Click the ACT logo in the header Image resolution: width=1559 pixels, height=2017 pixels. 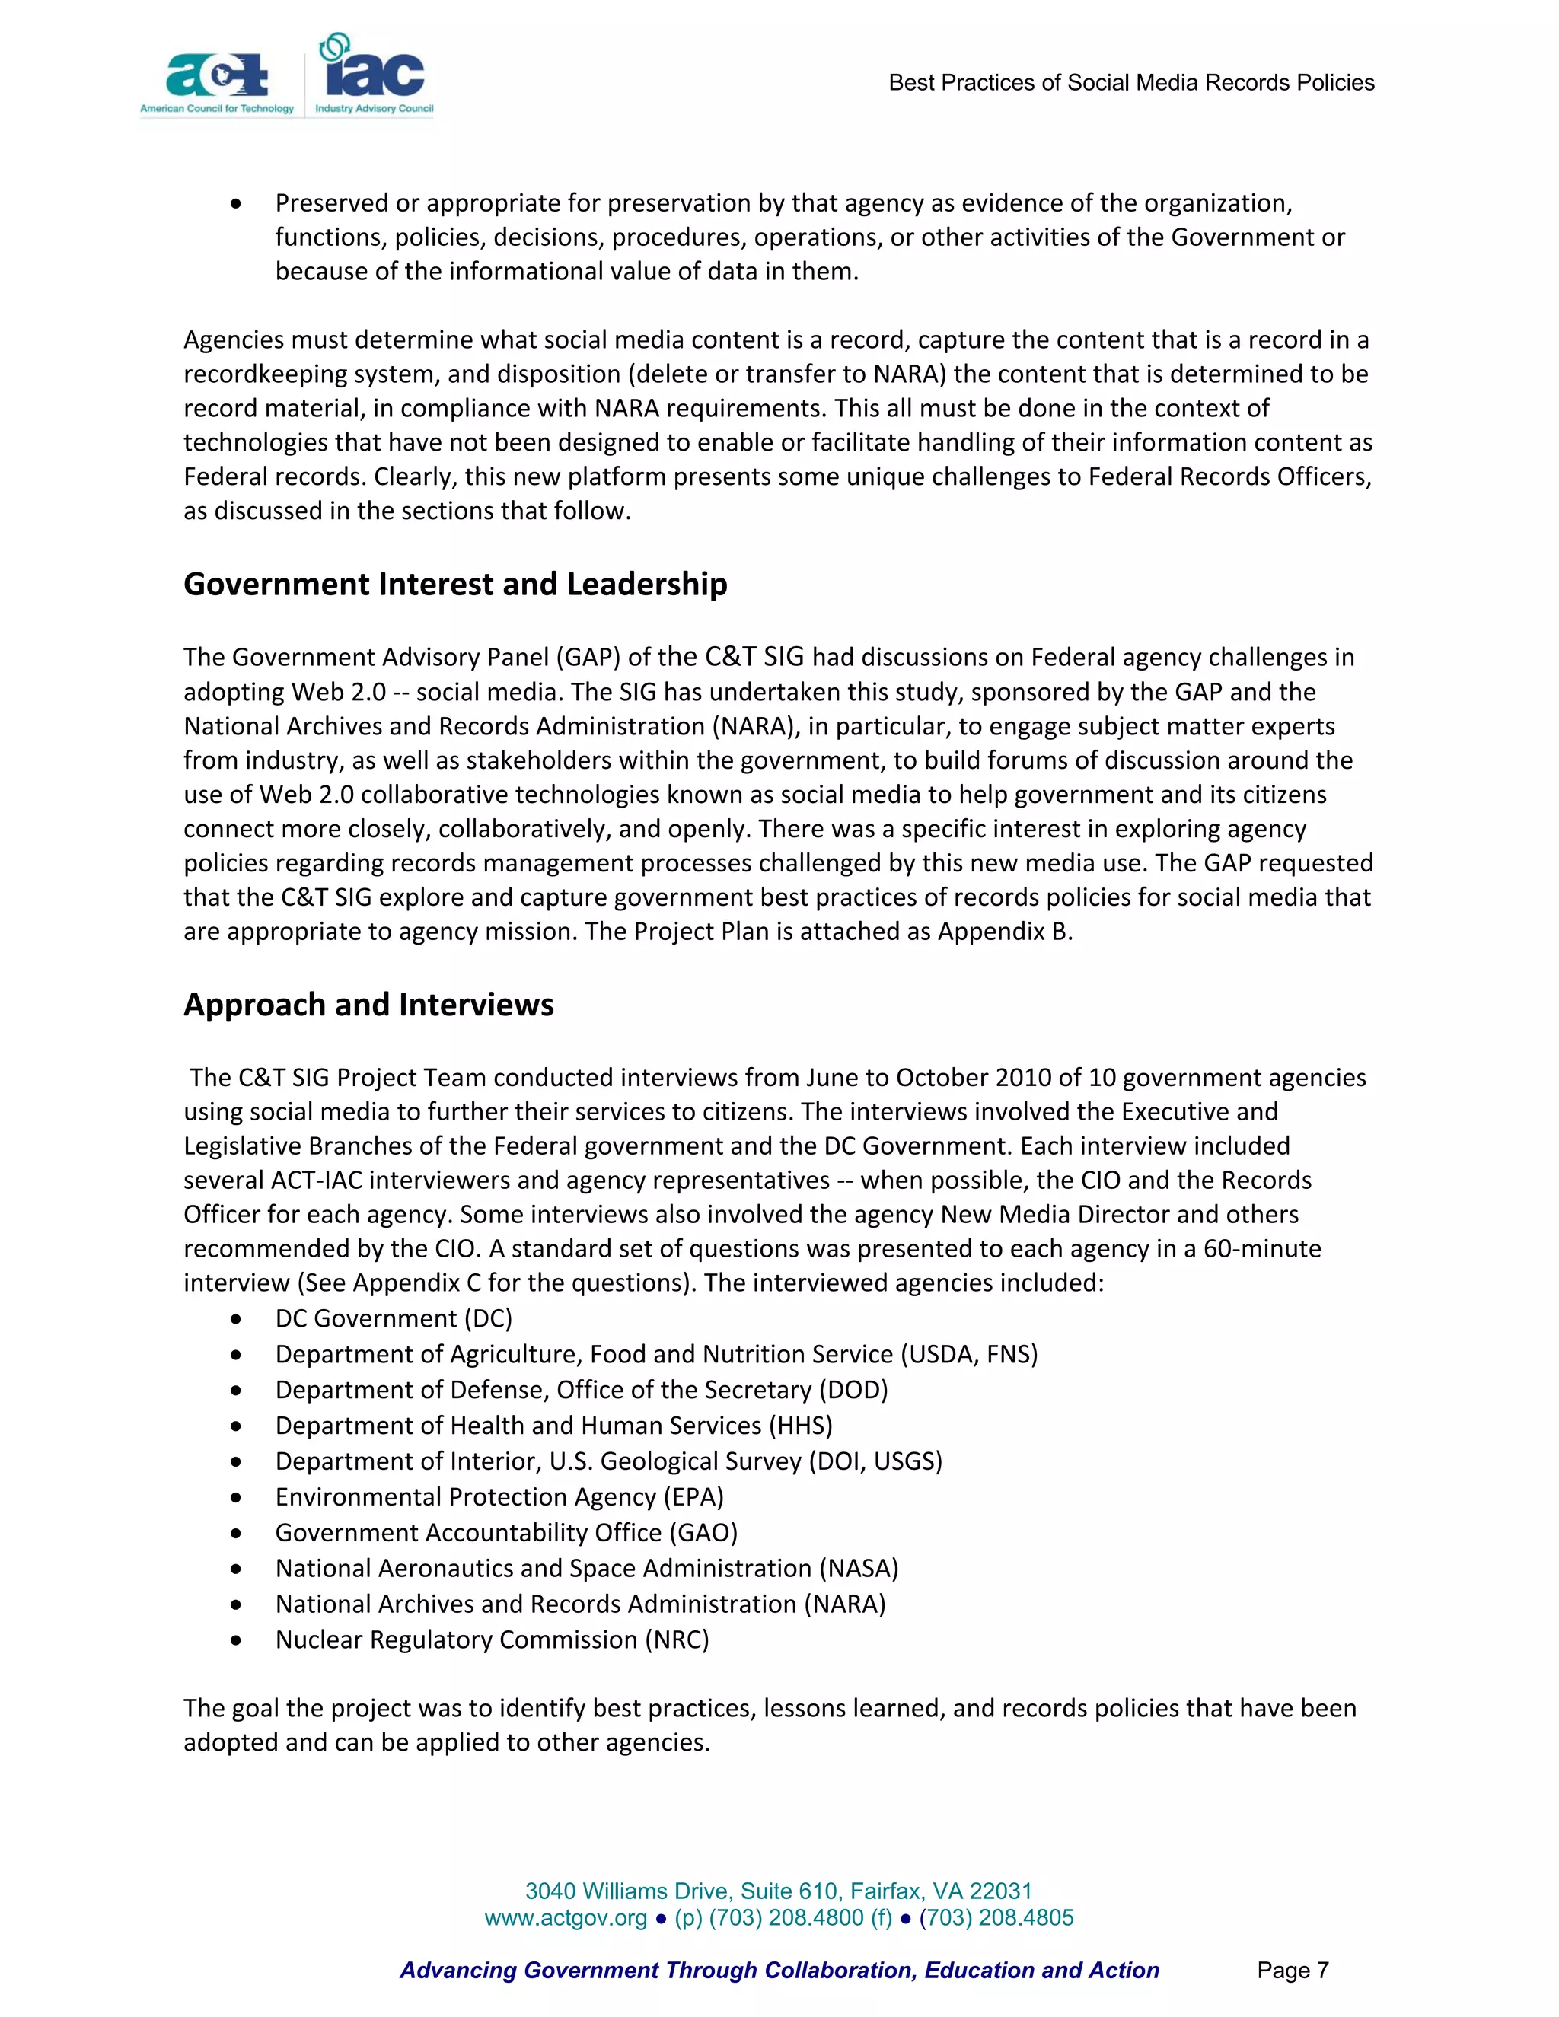218,78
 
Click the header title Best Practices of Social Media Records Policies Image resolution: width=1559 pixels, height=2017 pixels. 1130,83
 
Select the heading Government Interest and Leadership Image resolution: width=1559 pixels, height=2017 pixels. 455,585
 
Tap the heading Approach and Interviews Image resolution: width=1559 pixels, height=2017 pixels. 368,1005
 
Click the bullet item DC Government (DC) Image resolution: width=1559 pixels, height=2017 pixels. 394,1319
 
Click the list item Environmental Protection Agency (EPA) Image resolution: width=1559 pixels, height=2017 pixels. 499,1497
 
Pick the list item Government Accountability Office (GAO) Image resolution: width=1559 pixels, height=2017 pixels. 506,1533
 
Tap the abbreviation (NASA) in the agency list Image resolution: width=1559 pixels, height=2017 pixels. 858,1569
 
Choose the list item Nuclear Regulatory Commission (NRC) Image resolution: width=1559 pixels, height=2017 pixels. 491,1640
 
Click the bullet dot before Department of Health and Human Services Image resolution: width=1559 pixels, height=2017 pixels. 238,1427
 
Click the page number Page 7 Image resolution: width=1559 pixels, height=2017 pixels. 1292,1971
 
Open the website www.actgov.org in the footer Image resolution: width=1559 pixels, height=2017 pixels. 566,1918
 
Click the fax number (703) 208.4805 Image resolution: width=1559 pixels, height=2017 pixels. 996,1918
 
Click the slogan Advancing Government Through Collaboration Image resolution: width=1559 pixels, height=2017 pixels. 779,1971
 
